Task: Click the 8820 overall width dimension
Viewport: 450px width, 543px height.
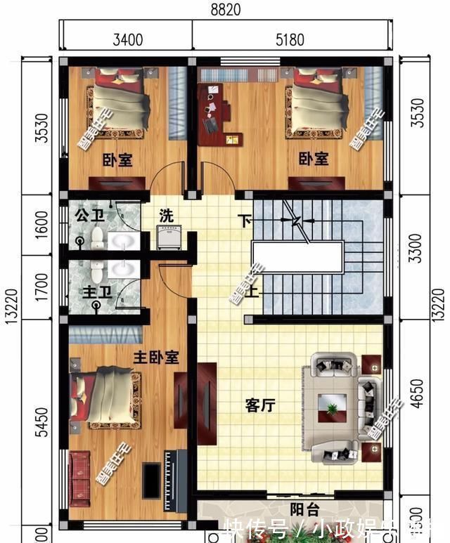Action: pyautogui.click(x=225, y=9)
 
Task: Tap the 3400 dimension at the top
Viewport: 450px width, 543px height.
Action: pyautogui.click(x=127, y=39)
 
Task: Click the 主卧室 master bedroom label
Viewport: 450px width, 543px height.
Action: pyautogui.click(x=155, y=358)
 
